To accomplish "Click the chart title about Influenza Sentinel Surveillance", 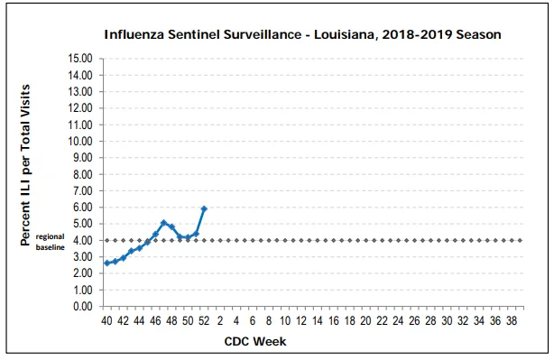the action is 302,34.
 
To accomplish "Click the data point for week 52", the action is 204,208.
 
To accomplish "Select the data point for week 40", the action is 107,263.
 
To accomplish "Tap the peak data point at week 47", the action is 163,223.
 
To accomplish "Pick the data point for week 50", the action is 188,237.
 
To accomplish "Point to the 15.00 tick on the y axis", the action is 80,59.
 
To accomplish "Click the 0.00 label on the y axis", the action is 83,306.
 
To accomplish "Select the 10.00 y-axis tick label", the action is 80,141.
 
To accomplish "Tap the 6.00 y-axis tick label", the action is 83,207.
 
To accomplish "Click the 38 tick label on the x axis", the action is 512,321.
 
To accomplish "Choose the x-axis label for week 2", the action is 220,321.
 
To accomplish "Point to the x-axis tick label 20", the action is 365,321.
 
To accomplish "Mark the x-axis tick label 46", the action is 155,321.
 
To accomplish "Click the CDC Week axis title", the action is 255,342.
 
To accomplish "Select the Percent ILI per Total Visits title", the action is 25,165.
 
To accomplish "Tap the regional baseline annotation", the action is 51,242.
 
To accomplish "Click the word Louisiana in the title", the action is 345,34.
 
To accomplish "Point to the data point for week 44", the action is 139,248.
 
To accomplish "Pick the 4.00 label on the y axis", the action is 83,240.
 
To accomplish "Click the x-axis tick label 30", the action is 447,321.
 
